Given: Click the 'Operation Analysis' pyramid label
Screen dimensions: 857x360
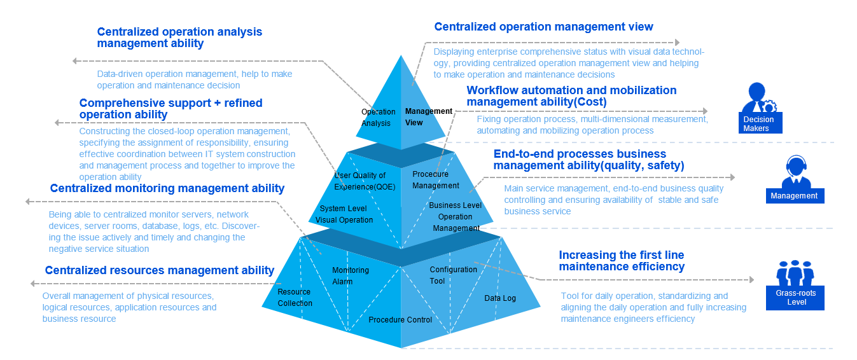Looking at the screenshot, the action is pyautogui.click(x=378, y=118).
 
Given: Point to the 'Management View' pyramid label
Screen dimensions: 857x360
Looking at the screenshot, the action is pyautogui.click(x=429, y=116).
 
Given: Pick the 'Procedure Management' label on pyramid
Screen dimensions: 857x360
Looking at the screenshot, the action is pyautogui.click(x=435, y=180).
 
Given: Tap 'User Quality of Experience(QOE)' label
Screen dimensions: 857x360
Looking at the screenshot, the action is pyautogui.click(x=365, y=181).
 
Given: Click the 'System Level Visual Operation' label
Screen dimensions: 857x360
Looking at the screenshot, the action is pyautogui.click(x=344, y=214).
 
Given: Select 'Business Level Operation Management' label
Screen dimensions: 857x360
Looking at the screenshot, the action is pyautogui.click(x=456, y=216).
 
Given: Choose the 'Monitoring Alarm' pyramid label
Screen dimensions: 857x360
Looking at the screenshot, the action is pyautogui.click(x=350, y=276).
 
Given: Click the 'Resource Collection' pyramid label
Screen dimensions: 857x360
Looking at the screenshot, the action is pyautogui.click(x=295, y=297).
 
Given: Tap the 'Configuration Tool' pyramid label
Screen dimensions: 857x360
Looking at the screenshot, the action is pyautogui.click(x=453, y=275).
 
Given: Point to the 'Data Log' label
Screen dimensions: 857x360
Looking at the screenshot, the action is pyautogui.click(x=499, y=298).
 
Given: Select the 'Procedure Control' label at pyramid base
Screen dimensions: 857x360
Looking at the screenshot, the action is pyautogui.click(x=400, y=320).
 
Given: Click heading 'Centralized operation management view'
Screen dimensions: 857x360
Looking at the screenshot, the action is pyautogui.click(x=543, y=27).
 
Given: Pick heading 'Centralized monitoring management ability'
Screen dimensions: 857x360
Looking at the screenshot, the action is pyautogui.click(x=167, y=188).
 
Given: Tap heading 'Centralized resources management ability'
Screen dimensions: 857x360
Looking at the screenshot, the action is pyautogui.click(x=160, y=270).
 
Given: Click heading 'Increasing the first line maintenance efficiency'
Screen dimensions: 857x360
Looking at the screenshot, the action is pyautogui.click(x=622, y=261).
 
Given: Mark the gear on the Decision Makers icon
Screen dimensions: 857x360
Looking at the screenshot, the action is pyautogui.click(x=769, y=106).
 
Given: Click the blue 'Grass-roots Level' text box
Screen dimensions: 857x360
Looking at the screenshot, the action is pyautogui.click(x=795, y=298).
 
